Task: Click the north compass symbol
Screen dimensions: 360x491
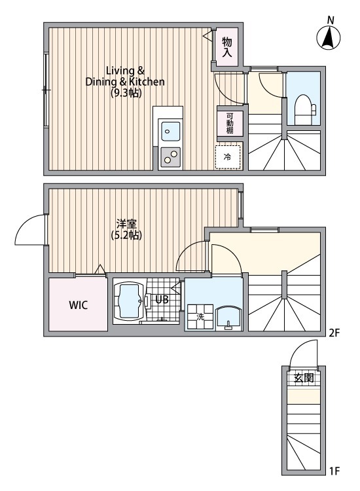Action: [x=329, y=37]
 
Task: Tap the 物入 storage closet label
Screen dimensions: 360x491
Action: [x=227, y=47]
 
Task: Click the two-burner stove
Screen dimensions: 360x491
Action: [x=171, y=156]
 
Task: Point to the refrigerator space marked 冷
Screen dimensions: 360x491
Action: [x=228, y=157]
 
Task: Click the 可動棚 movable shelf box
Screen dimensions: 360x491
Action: [x=230, y=123]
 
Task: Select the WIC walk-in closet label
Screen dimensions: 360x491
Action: [x=79, y=305]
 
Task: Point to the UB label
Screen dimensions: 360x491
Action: [x=162, y=300]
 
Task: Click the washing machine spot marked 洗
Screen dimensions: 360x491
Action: [x=200, y=317]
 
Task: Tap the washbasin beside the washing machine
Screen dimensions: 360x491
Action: [x=229, y=318]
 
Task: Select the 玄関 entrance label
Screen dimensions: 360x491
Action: [x=304, y=378]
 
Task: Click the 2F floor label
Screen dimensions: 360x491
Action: [x=334, y=333]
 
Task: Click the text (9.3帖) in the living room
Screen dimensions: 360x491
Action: [x=126, y=93]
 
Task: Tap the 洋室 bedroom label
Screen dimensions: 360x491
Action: [x=126, y=224]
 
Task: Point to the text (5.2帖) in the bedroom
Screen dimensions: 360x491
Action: [x=126, y=235]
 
